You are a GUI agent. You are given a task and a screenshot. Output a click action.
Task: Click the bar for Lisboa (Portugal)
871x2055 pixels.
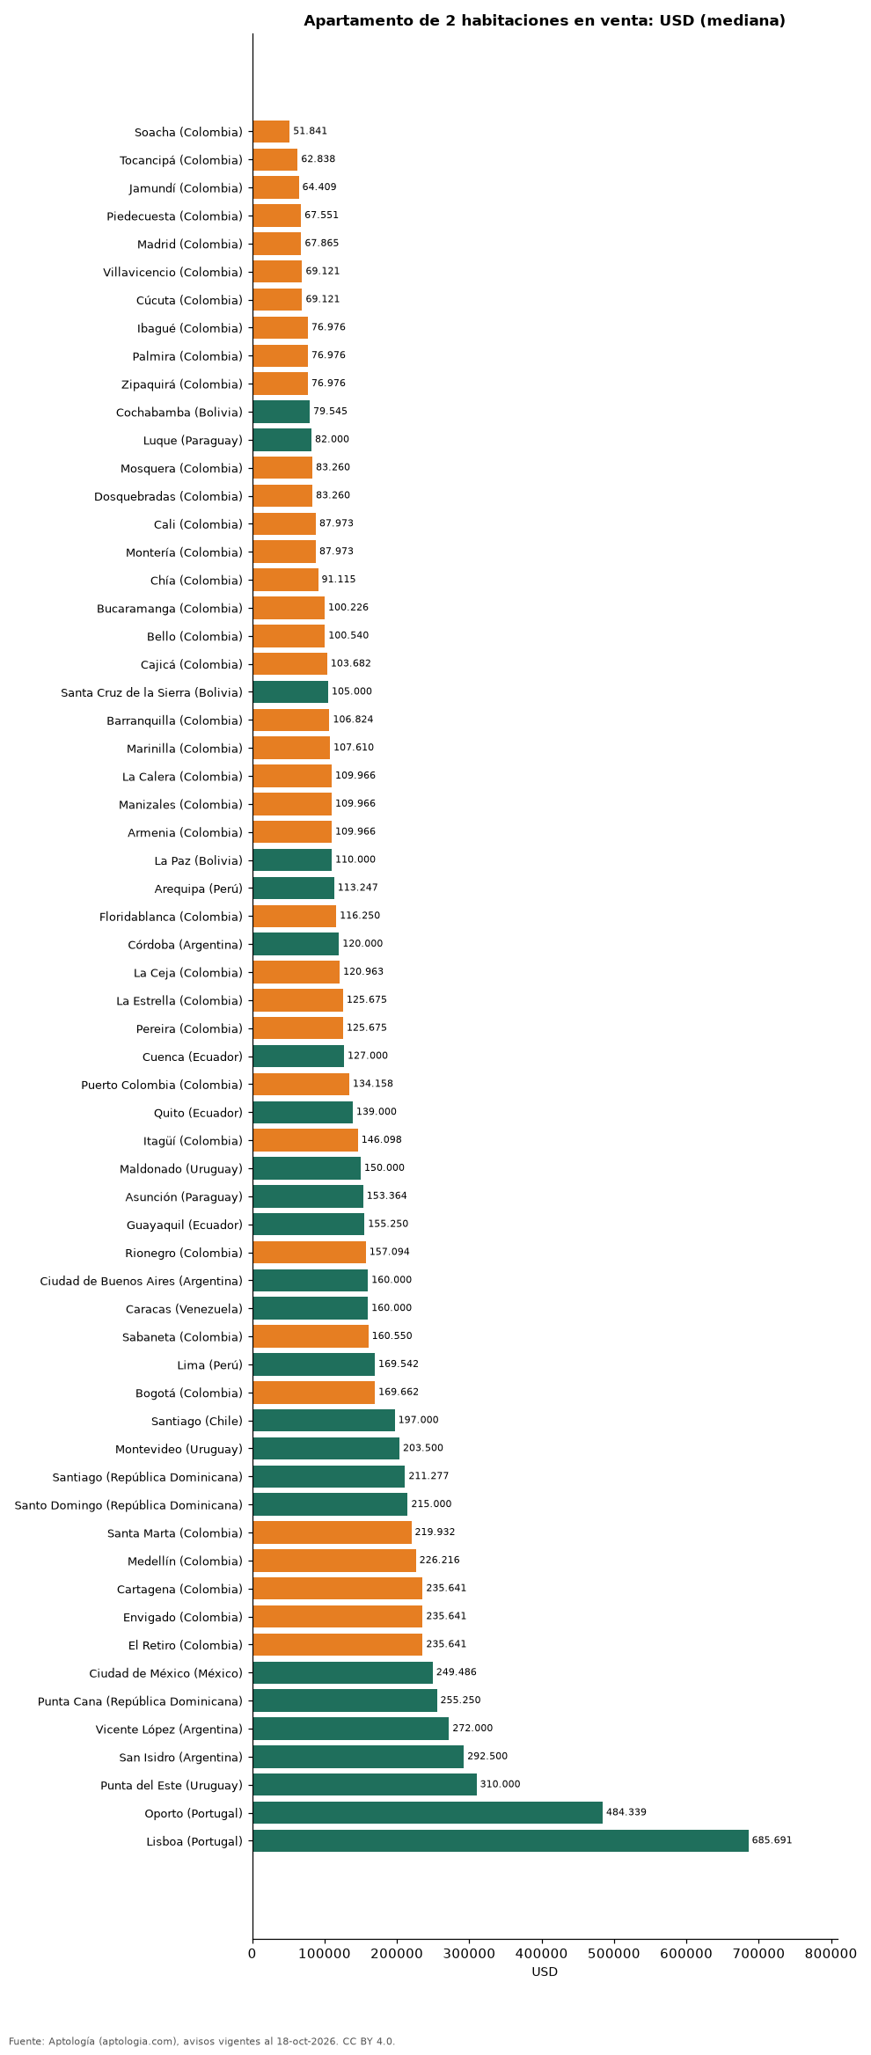tap(501, 1840)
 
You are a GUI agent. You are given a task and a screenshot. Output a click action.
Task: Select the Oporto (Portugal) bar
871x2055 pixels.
tap(428, 1812)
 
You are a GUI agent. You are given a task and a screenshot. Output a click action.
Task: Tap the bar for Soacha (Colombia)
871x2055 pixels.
tap(271, 131)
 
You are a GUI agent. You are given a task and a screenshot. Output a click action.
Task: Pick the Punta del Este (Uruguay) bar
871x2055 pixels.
tap(365, 1784)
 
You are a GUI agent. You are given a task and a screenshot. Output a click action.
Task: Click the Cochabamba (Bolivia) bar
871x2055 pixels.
tap(282, 412)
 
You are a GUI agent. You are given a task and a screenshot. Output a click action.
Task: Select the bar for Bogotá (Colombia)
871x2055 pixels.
tap(314, 1393)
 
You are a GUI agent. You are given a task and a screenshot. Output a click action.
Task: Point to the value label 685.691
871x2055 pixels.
tap(772, 1840)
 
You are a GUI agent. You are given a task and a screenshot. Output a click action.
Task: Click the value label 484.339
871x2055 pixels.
tap(626, 1812)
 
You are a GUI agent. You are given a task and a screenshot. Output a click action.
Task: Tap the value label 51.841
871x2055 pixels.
tap(310, 131)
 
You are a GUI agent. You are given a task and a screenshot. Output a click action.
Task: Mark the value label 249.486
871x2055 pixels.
tap(457, 1672)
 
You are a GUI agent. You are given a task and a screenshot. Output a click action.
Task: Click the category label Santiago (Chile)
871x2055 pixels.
tap(197, 1421)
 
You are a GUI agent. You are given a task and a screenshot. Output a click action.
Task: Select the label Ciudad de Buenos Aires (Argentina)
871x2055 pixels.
tap(142, 1281)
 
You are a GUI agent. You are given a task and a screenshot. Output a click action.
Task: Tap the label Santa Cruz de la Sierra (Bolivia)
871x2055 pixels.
tap(152, 692)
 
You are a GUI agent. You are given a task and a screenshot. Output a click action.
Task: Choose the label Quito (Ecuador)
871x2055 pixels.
tap(198, 1113)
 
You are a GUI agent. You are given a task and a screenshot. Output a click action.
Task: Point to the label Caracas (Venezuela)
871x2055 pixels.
tap(185, 1309)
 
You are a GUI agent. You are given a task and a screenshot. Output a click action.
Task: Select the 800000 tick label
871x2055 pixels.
tap(831, 1954)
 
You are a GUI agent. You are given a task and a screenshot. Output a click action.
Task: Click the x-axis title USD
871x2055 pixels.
tap(545, 1971)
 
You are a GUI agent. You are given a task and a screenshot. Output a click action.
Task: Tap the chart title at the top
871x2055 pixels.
tap(545, 21)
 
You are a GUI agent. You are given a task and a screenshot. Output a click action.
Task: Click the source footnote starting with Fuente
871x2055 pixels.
tap(202, 2041)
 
